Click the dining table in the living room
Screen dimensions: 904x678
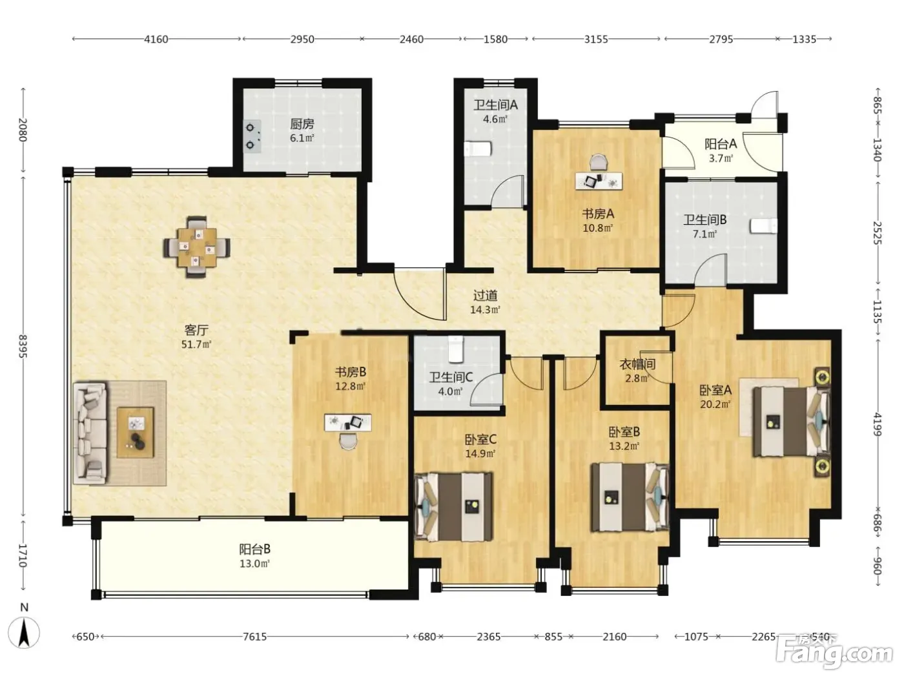click(x=197, y=247)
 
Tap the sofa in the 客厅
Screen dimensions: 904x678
click(x=90, y=432)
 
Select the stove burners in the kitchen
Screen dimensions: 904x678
click(x=252, y=136)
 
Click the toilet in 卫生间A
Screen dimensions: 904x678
click(x=478, y=149)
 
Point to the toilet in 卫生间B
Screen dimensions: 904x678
click(x=763, y=226)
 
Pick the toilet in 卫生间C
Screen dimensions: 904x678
click(x=455, y=349)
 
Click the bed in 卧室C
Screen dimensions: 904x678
click(x=453, y=507)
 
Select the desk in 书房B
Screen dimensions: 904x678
click(x=347, y=423)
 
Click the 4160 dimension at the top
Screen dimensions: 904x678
click(x=156, y=39)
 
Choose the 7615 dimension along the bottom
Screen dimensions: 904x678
click(x=254, y=637)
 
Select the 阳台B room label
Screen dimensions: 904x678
click(x=255, y=549)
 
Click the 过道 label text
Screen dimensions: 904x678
click(x=485, y=295)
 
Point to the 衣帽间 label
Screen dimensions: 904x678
click(x=637, y=364)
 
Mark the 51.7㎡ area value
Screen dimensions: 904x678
click(x=196, y=344)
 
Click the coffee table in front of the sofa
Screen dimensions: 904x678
click(x=136, y=432)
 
